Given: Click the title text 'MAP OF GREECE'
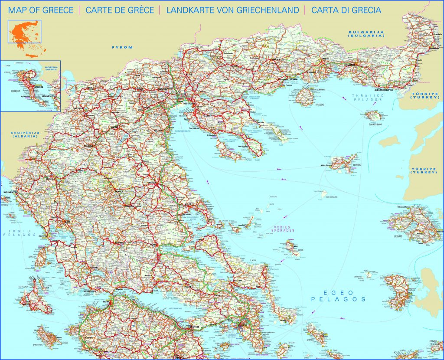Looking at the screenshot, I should (41, 10).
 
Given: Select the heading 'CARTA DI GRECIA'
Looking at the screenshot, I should (346, 10).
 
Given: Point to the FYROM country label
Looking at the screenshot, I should (121, 47).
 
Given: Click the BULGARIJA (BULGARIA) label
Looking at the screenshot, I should (367, 34).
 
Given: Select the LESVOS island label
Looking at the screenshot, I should (398, 236).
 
